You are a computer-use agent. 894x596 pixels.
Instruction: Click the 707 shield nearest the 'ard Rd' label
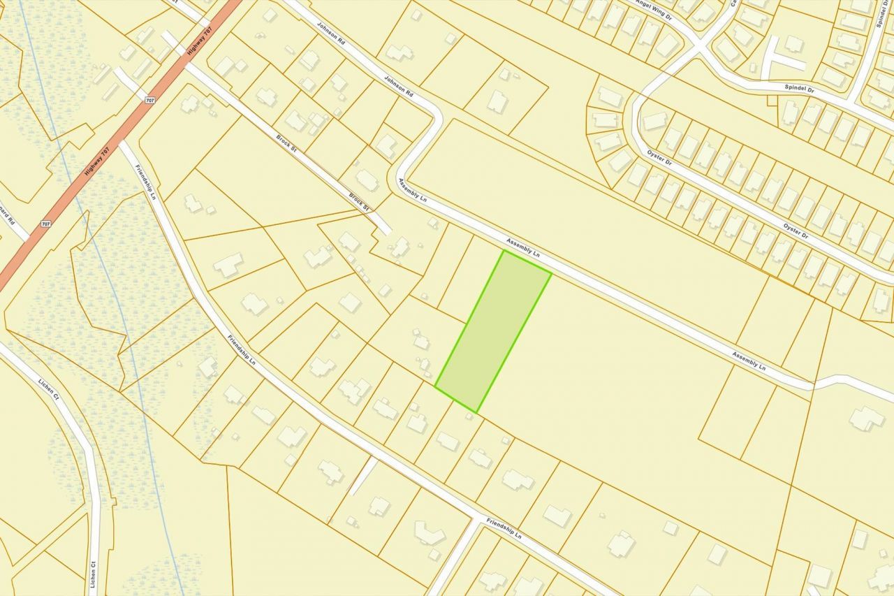point(45,224)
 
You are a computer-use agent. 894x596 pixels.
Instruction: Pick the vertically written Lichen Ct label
point(93,574)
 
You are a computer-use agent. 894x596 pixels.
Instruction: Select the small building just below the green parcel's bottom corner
point(469,416)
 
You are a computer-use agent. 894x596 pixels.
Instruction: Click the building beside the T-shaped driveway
point(793,43)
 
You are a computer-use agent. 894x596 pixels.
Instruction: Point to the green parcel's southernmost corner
point(476,412)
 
